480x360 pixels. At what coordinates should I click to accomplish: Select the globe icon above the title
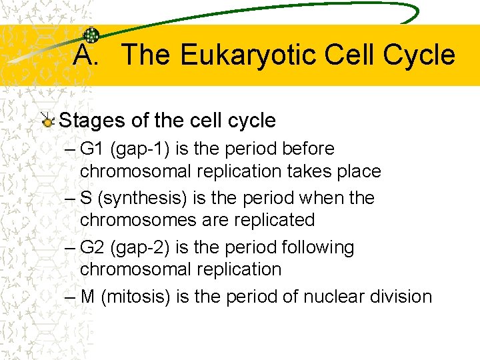pyautogui.click(x=91, y=36)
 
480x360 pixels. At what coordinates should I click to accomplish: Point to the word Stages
pyautogui.click(x=92, y=121)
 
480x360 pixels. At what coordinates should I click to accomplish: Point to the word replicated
pyautogui.click(x=273, y=220)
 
